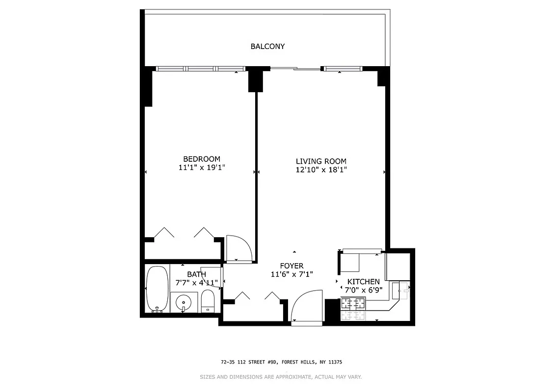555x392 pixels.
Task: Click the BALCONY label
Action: click(267, 47)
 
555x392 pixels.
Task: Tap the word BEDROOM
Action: click(201, 159)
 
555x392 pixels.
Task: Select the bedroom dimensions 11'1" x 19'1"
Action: click(201, 168)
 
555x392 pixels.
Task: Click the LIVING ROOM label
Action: click(321, 161)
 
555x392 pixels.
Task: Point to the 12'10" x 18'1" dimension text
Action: click(321, 170)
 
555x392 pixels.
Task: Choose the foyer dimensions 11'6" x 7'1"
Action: click(292, 274)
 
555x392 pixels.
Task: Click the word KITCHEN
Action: click(363, 281)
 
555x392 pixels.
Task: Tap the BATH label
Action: click(196, 274)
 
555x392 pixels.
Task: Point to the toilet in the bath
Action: click(208, 300)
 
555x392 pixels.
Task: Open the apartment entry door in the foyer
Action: click(307, 306)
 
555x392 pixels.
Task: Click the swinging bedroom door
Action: click(238, 248)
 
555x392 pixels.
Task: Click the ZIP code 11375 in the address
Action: click(335, 362)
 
